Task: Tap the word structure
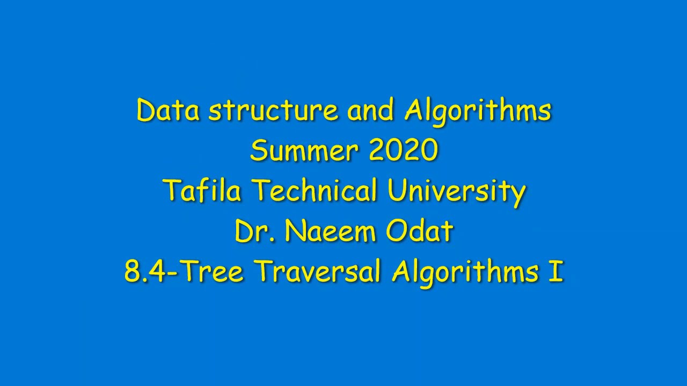tap(273, 111)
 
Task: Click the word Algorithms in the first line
tap(478, 111)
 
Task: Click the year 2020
tap(404, 151)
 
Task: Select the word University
tap(456, 191)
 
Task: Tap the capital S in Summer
tap(258, 151)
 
